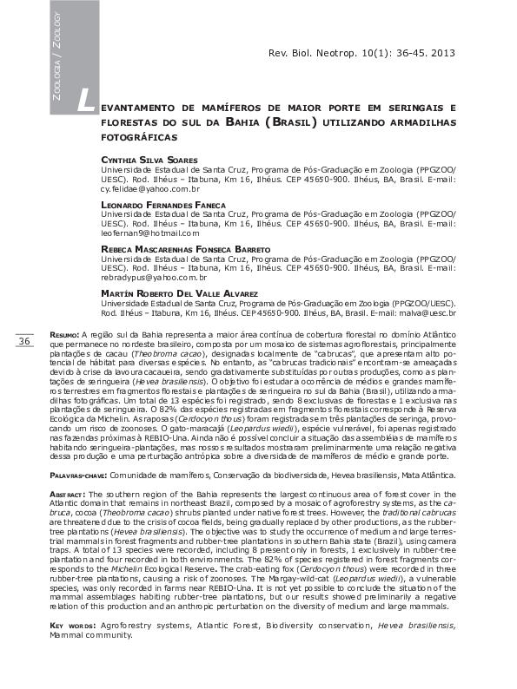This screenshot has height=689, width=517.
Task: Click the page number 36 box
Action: [23, 342]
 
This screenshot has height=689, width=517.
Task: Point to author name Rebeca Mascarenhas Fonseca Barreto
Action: [186, 249]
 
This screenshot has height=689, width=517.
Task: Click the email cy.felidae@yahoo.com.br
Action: [150, 188]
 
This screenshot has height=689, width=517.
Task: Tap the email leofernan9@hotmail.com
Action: [150, 233]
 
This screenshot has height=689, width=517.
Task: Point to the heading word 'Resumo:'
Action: [64, 334]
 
